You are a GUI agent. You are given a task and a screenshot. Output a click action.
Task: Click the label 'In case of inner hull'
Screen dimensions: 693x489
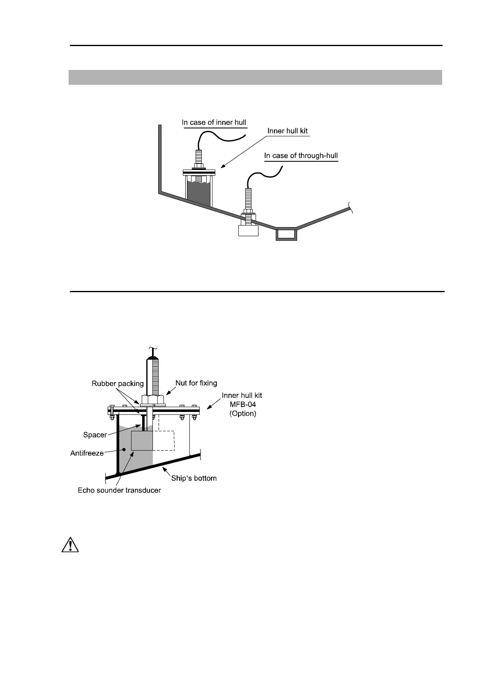[214, 122]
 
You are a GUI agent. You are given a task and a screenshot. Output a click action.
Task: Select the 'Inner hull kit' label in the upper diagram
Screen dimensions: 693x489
[287, 131]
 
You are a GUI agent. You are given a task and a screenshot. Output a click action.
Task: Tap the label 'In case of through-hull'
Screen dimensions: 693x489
[301, 156]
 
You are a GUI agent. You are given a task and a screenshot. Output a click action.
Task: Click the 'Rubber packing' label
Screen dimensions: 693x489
[118, 384]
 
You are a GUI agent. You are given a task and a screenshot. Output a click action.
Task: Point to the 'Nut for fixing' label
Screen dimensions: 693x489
[196, 383]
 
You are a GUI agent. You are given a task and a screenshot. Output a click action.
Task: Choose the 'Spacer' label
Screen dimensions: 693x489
[95, 435]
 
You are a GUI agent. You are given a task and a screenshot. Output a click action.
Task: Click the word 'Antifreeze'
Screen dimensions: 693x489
[87, 453]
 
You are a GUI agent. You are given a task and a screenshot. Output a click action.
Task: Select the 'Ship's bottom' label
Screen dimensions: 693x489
[194, 478]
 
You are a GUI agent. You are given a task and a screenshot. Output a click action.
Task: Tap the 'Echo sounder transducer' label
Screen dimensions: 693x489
[119, 490]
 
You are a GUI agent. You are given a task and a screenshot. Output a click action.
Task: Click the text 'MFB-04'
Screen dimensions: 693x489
[242, 405]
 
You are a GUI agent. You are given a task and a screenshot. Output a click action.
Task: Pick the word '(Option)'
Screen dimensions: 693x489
[242, 414]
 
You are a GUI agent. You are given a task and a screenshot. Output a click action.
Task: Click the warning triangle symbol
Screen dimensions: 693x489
[70, 545]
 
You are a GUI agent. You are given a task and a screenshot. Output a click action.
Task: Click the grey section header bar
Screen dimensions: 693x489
[255, 77]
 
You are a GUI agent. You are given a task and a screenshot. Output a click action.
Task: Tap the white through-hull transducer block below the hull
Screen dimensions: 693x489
[248, 230]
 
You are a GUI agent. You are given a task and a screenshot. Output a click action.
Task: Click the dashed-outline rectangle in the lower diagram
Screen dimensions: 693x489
[164, 440]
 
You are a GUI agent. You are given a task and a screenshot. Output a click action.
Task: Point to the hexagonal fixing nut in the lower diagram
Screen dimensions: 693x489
[153, 399]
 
